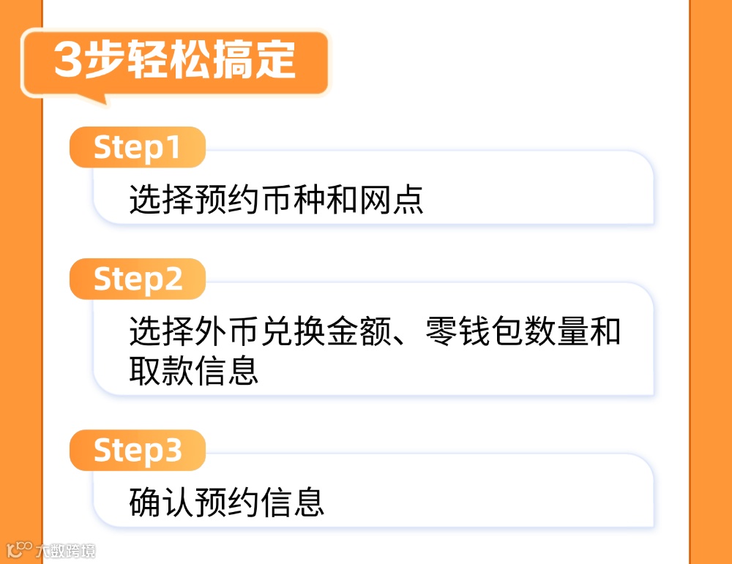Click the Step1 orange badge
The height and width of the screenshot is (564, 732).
[x=137, y=148]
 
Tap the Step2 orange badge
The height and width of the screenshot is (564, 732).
[x=137, y=279]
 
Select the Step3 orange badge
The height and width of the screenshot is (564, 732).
[x=137, y=451]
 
